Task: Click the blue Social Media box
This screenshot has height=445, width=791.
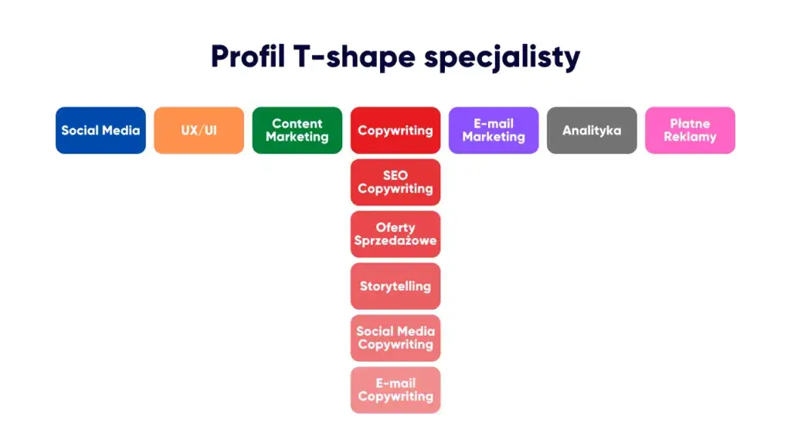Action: pyautogui.click(x=100, y=130)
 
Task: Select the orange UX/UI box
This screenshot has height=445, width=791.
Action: pyautogui.click(x=199, y=130)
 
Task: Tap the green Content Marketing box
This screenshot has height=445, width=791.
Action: pyautogui.click(x=297, y=130)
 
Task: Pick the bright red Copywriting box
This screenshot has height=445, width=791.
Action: pyautogui.click(x=395, y=130)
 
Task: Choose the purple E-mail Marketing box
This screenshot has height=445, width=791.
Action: pyautogui.click(x=494, y=130)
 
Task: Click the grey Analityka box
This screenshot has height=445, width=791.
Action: pyautogui.click(x=592, y=130)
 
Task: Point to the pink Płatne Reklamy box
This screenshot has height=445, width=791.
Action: pyautogui.click(x=690, y=130)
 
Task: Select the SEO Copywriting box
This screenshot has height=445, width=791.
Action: pyautogui.click(x=395, y=182)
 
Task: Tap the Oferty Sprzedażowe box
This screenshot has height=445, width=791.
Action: pyautogui.click(x=395, y=234)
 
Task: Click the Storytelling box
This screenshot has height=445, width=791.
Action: pyautogui.click(x=395, y=286)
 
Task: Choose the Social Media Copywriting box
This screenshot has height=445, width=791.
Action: pyautogui.click(x=395, y=338)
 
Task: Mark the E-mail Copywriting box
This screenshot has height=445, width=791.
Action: pyautogui.click(x=395, y=390)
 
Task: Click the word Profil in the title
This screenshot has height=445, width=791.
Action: pyautogui.click(x=248, y=56)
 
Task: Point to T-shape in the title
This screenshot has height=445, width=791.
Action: pyautogui.click(x=354, y=57)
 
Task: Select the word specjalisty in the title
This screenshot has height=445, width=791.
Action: pyautogui.click(x=502, y=57)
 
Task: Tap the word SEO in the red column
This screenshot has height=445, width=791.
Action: pyautogui.click(x=395, y=175)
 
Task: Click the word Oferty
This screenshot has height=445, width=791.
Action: pyautogui.click(x=395, y=228)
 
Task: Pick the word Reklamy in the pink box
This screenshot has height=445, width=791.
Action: pyautogui.click(x=690, y=138)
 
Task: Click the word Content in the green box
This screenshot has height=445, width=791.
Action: pyautogui.click(x=297, y=124)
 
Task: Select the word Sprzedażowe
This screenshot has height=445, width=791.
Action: pyautogui.click(x=395, y=241)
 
